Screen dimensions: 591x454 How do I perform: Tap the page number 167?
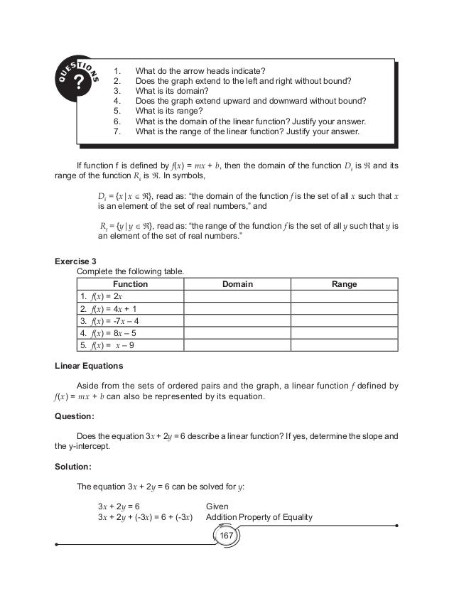[x=227, y=533]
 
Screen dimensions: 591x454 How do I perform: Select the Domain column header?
[x=237, y=284]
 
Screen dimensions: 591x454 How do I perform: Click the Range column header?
[x=344, y=284]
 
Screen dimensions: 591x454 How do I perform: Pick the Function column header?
[x=130, y=284]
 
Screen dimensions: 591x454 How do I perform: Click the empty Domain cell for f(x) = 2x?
[x=237, y=296]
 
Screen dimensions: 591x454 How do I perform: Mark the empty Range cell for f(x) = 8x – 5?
[x=344, y=333]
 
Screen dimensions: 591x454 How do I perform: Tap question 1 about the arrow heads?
[x=200, y=70]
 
